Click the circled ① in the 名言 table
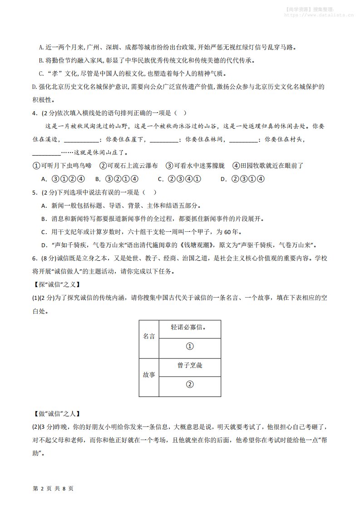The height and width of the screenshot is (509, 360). [x=190, y=346]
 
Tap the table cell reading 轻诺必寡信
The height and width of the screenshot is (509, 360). [x=189, y=327]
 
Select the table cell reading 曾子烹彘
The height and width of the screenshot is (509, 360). [x=190, y=365]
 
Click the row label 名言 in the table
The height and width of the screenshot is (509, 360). [x=148, y=336]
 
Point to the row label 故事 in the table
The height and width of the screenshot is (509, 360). [x=148, y=375]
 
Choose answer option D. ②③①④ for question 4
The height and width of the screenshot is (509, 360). [x=242, y=179]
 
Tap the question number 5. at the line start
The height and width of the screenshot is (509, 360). [x=35, y=192]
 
